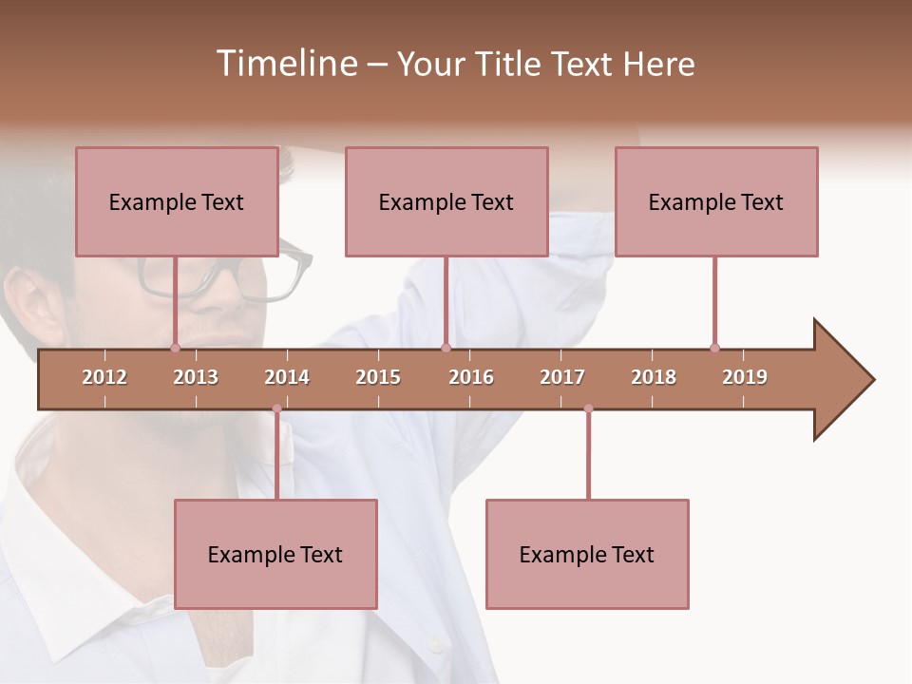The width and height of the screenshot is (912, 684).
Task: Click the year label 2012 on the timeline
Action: tap(104, 377)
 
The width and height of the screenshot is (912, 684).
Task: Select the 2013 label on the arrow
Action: tap(196, 377)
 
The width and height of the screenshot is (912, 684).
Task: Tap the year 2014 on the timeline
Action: tap(287, 377)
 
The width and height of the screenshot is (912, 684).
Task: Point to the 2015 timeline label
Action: tap(378, 377)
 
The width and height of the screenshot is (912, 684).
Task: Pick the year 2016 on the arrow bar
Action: tap(471, 377)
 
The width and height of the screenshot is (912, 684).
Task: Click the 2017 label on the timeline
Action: tap(562, 377)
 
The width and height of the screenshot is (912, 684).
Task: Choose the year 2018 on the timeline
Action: tap(654, 377)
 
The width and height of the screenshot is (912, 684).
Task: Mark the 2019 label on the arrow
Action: tap(745, 377)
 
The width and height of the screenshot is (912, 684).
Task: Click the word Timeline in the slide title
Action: tap(284, 64)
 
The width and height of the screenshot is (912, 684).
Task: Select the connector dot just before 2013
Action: tap(175, 348)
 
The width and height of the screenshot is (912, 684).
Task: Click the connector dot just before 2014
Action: tap(276, 408)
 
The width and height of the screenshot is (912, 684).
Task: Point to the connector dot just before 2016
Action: tap(446, 348)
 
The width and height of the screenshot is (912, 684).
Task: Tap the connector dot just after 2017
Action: tap(588, 408)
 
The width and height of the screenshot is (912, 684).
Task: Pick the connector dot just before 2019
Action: tap(714, 348)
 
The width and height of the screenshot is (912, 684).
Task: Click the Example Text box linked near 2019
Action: tap(716, 201)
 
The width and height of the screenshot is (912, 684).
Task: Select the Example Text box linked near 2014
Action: tap(275, 554)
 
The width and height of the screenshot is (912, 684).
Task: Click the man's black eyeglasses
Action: tap(218, 275)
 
